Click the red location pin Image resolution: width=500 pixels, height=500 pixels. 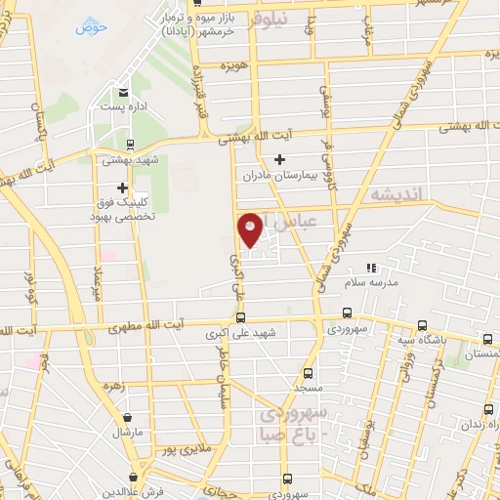tap(250, 228)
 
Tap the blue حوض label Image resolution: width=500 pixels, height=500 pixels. tap(89, 26)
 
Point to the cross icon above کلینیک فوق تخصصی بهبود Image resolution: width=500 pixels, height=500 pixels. tap(122, 187)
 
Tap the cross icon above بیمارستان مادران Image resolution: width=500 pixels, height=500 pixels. tap(280, 158)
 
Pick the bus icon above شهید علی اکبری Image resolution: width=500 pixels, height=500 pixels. tap(240, 316)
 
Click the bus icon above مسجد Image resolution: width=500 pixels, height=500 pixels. tap(309, 373)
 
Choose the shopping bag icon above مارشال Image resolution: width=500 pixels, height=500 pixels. tap(128, 413)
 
